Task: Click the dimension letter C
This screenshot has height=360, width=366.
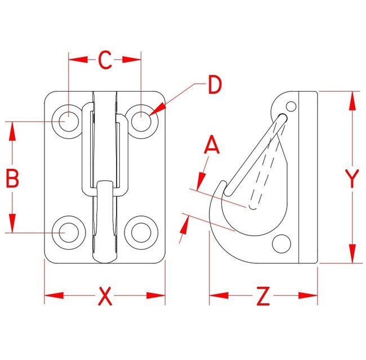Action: pos(105,60)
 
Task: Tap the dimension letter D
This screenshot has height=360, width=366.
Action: pos(213,85)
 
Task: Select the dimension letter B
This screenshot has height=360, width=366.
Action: pos(12,179)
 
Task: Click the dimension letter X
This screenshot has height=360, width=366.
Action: pos(105,296)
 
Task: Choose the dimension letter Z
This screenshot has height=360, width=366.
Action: pos(263,296)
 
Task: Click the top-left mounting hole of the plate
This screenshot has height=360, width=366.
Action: pos(68,120)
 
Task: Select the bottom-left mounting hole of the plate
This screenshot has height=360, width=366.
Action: pos(68,231)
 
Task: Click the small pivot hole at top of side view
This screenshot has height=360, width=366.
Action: pos(291,106)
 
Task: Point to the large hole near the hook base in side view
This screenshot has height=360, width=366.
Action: pos(280,244)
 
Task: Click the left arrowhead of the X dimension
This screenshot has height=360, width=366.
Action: pos(51,295)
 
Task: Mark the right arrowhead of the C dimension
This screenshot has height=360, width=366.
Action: pos(135,58)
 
